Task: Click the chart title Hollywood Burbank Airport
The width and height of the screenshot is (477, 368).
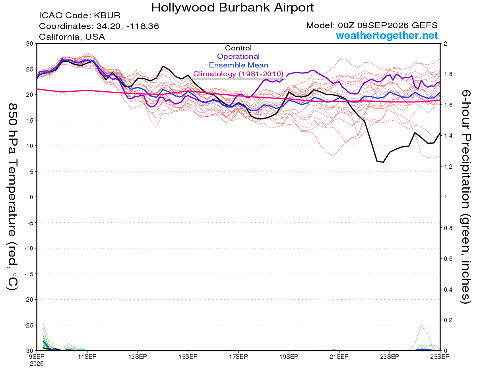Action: point(233,8)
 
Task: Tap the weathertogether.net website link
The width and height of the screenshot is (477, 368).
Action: point(387,35)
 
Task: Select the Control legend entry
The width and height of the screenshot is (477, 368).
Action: point(238,48)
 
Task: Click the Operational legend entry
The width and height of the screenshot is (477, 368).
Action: point(238,56)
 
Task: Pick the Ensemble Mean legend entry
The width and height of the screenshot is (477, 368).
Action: point(238,65)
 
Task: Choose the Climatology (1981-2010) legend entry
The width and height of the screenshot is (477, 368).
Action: point(238,74)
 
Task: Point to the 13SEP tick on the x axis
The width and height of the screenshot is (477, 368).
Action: point(138,356)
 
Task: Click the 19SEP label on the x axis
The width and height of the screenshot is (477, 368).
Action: point(289,356)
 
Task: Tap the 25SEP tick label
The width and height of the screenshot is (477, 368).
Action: point(440,356)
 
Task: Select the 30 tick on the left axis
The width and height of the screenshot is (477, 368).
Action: point(29,44)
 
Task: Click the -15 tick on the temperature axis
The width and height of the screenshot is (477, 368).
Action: point(28,274)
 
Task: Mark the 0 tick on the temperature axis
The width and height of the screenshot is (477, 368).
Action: point(31,197)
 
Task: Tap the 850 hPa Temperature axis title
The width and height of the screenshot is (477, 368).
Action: point(12,197)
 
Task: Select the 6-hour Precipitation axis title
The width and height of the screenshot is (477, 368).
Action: point(465,197)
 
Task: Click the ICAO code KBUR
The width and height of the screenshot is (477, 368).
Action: point(107,15)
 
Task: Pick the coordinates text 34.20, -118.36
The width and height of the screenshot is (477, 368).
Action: point(128,26)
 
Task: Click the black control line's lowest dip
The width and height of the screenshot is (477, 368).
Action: point(383,162)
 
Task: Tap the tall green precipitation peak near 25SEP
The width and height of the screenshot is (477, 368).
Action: point(421,326)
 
